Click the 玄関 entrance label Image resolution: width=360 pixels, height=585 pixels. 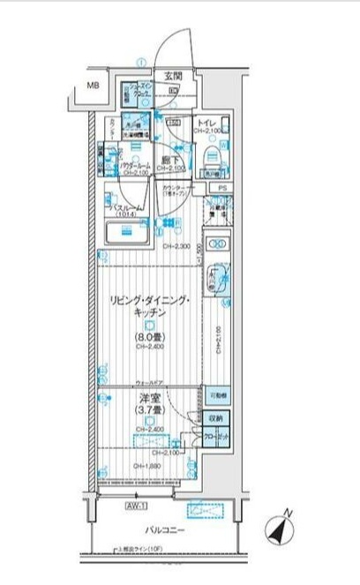[172, 76]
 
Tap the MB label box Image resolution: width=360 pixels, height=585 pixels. [93, 86]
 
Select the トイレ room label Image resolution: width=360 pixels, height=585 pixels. [209, 122]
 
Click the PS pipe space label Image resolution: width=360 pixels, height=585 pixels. [223, 188]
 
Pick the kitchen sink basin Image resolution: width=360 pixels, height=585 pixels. [220, 281]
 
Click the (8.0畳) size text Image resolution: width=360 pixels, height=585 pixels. [147, 336]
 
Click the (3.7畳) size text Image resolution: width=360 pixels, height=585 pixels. [146, 411]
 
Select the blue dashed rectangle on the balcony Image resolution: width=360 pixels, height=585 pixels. [206, 508]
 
